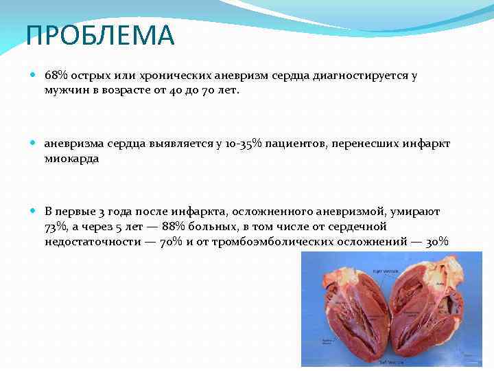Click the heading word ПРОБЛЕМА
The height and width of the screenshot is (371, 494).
(101, 36)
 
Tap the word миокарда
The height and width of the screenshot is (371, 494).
(72, 158)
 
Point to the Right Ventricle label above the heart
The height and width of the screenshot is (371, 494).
(386, 271)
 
